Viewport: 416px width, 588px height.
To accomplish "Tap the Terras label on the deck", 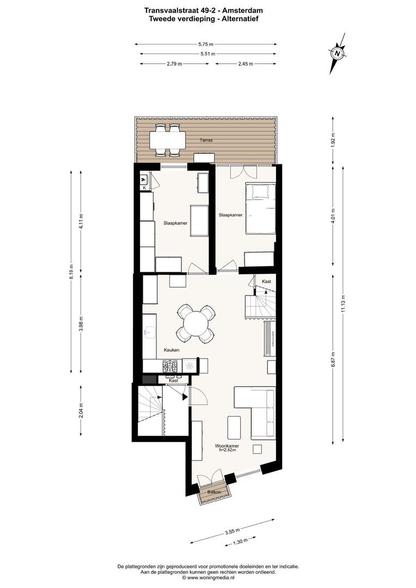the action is [206, 140].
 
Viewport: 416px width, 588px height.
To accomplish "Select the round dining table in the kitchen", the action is [196, 323].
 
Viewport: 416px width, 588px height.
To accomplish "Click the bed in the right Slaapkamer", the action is [261, 209].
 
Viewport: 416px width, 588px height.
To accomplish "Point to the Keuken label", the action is [172, 350].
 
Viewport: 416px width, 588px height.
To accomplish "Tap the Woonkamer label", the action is [227, 446].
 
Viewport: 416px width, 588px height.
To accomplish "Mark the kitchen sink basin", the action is [150, 332].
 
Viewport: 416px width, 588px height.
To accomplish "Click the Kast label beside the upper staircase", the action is [266, 281].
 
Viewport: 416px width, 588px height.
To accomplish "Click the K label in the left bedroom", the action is [144, 188].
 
